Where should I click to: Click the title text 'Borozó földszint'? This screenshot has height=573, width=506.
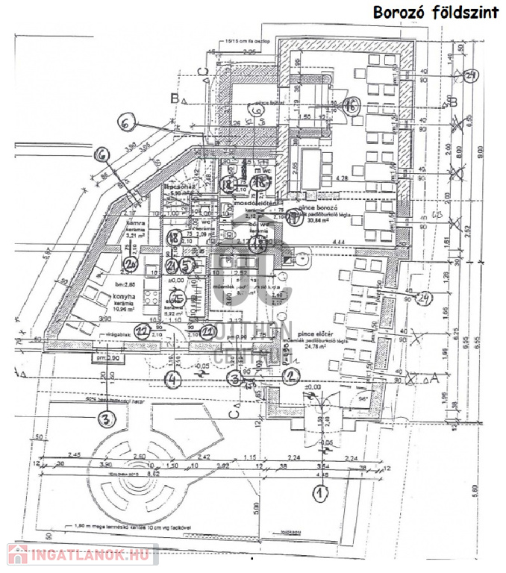click(x=434, y=13)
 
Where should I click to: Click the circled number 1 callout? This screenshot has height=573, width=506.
click(x=320, y=492)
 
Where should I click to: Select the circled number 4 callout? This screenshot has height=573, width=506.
click(x=173, y=379)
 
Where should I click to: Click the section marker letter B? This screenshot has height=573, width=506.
click(x=173, y=98)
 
